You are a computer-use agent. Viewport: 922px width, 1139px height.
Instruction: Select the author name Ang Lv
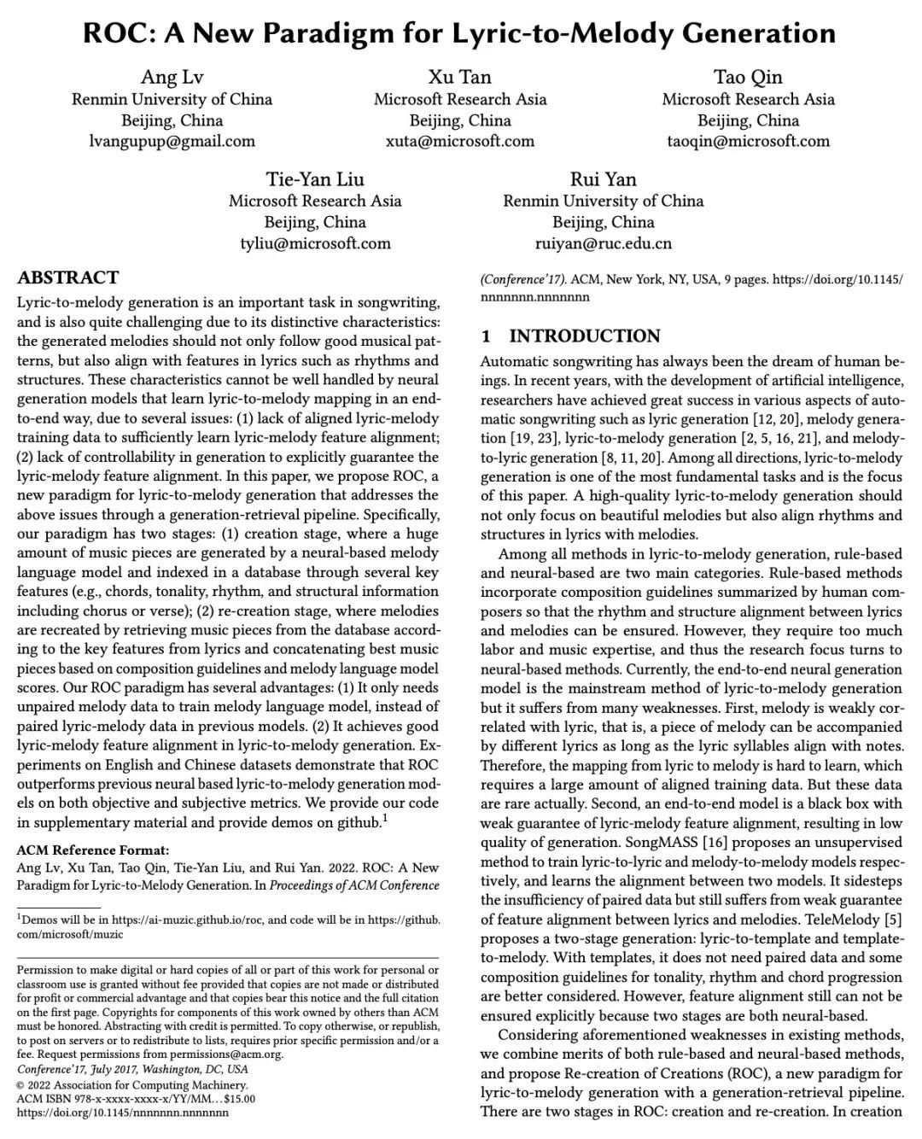click(x=172, y=78)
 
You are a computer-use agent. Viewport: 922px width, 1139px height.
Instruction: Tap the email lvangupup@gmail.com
click(x=172, y=142)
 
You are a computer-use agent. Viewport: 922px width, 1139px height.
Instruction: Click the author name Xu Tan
click(x=460, y=78)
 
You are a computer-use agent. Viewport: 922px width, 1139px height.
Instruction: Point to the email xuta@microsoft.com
click(x=460, y=142)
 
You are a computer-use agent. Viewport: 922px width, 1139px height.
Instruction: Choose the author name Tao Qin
click(x=748, y=78)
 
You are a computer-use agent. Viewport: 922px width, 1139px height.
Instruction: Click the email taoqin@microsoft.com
click(x=748, y=142)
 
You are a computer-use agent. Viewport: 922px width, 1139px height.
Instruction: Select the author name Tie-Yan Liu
click(x=315, y=179)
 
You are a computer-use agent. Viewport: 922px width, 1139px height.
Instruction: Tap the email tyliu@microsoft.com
click(x=315, y=243)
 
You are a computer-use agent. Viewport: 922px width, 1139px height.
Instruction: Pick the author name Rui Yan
click(x=604, y=179)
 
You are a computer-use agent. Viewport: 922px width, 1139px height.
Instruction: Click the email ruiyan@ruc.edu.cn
click(x=604, y=243)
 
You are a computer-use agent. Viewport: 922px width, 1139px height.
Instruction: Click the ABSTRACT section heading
click(x=68, y=277)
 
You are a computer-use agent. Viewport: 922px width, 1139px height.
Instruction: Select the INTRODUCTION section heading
click(x=585, y=336)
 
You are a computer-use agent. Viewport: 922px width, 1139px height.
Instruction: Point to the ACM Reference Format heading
click(x=93, y=850)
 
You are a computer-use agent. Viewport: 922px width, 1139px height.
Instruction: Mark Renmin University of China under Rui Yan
click(x=604, y=202)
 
